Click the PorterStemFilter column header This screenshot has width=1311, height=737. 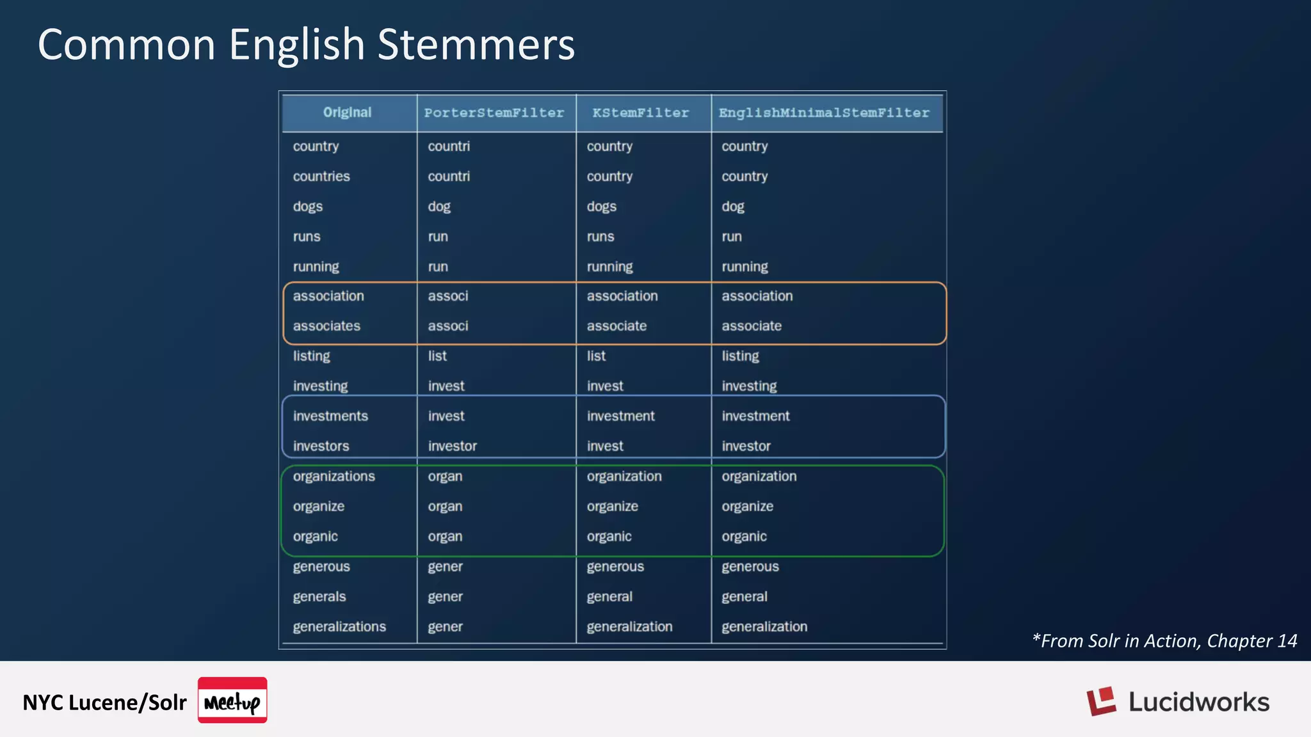494,113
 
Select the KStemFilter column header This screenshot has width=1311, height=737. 640,113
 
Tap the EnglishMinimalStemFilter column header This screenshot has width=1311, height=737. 824,113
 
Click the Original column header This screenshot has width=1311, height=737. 347,113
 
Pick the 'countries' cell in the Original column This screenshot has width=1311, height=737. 321,177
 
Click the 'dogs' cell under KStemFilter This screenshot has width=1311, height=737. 601,207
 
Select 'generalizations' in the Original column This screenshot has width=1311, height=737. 339,627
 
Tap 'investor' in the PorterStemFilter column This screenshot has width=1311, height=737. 452,447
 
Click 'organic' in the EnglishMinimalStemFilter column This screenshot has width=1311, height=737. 744,537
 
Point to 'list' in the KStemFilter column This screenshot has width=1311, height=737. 596,356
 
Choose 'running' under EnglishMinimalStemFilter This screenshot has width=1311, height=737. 744,267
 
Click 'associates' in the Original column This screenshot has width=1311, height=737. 326,326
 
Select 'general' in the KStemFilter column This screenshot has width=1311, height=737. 609,597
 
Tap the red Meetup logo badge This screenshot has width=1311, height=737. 232,701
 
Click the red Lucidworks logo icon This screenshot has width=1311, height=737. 1101,701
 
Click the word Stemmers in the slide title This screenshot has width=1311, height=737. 476,45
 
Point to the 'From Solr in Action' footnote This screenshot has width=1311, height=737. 1164,641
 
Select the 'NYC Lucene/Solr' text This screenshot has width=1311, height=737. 104,702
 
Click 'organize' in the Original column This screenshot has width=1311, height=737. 319,507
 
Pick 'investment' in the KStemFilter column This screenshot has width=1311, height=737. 620,416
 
